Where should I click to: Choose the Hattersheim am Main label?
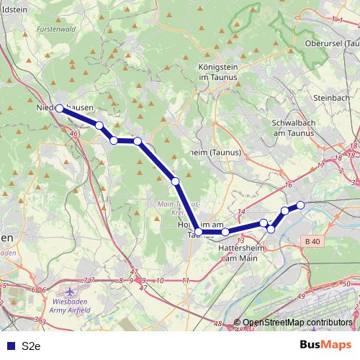tap(237, 252)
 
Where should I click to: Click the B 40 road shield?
tap(312, 240)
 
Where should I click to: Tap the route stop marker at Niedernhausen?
tap(60, 109)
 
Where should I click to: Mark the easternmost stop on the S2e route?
tap(301, 206)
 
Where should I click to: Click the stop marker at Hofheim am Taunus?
tap(199, 232)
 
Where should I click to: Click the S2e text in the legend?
tap(30, 345)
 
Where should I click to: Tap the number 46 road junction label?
tap(74, 133)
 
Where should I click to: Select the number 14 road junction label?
tap(241, 211)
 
